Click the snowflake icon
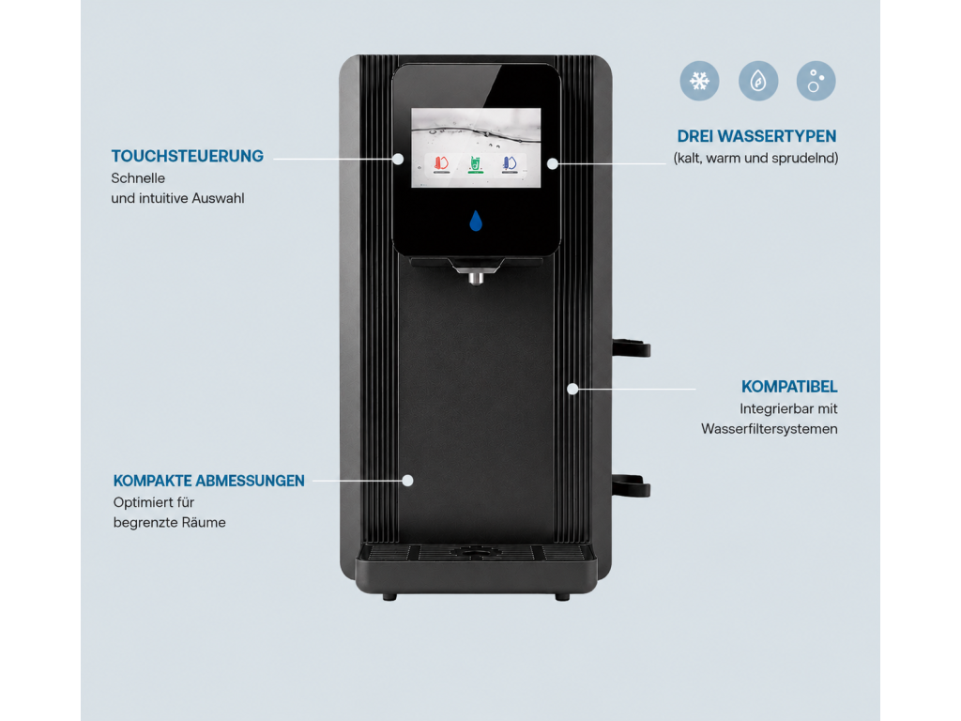(699, 81)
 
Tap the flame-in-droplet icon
(758, 81)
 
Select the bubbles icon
(816, 81)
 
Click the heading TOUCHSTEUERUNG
(188, 157)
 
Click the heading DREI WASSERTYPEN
(756, 136)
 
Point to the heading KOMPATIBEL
(788, 387)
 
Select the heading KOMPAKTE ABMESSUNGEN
(209, 481)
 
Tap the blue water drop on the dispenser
(476, 221)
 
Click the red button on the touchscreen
(441, 164)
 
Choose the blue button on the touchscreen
(510, 164)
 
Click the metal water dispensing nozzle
(476, 278)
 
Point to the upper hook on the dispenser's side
(631, 347)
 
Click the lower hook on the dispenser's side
(631, 485)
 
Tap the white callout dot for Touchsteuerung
(398, 159)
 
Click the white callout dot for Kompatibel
(572, 389)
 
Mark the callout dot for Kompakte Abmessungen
(407, 481)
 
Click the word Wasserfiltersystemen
(770, 429)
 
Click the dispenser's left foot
(389, 597)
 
